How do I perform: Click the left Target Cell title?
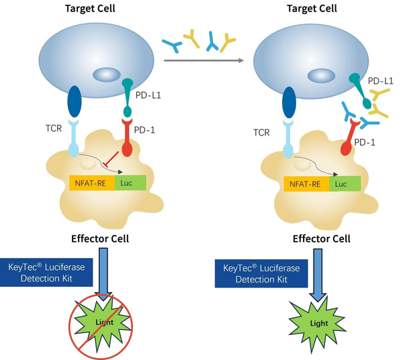90,9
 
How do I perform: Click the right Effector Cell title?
322,238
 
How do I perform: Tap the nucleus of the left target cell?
107,75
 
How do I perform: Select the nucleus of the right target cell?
321,76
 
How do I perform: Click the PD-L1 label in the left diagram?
148,95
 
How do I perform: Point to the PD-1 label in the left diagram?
144,130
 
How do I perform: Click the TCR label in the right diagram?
261,132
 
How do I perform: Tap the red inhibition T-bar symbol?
111,159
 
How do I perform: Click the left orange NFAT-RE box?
92,183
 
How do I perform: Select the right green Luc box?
345,184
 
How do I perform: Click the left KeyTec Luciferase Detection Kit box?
46,273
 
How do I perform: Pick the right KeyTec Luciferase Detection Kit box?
261,273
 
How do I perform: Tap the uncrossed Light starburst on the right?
318,324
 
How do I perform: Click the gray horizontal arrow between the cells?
204,60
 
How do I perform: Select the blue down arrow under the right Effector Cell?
318,275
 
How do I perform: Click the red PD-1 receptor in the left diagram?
127,137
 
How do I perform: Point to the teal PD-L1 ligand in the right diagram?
360,91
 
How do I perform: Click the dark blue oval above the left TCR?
75,101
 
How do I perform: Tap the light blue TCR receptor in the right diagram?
289,139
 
